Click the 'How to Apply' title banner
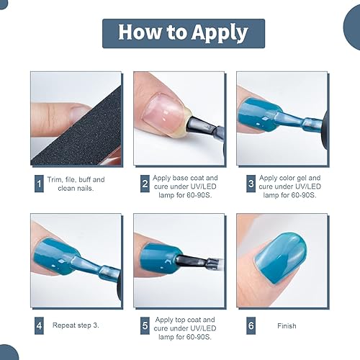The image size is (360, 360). (183, 33)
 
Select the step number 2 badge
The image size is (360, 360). (144, 184)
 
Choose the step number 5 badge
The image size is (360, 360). (144, 325)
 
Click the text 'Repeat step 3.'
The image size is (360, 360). (76, 325)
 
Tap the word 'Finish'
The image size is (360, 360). (286, 325)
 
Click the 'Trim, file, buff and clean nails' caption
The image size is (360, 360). (80, 184)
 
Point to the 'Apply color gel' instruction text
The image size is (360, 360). (289, 184)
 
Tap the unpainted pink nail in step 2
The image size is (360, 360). (165, 108)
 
